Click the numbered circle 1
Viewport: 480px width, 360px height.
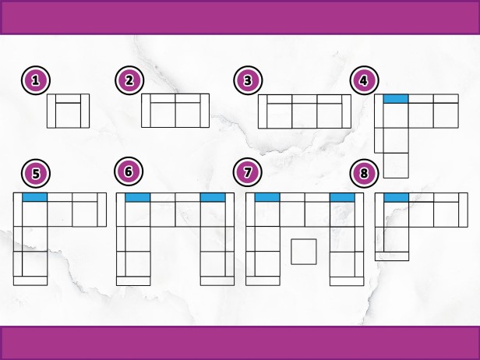click(x=36, y=80)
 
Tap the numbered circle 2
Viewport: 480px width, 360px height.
click(x=129, y=80)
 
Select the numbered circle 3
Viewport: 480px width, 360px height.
click(x=248, y=80)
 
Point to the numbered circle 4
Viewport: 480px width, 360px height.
click(x=365, y=80)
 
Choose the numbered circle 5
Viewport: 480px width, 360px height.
click(x=36, y=173)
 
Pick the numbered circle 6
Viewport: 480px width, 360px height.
click(x=129, y=171)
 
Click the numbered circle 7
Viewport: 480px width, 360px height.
click(x=247, y=172)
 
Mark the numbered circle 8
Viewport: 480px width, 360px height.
click(x=365, y=173)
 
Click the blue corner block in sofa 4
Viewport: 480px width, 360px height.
click(x=396, y=99)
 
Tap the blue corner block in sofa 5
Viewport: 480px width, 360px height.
click(x=34, y=197)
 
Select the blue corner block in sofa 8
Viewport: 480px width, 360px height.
click(x=396, y=197)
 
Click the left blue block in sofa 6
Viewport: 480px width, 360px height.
click(x=138, y=197)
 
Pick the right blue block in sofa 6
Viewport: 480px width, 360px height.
click(x=213, y=197)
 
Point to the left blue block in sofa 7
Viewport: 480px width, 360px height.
click(x=267, y=197)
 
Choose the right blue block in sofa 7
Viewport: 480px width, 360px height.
click(x=342, y=197)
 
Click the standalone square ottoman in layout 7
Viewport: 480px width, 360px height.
click(x=304, y=252)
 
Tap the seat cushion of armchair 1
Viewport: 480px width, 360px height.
click(x=68, y=115)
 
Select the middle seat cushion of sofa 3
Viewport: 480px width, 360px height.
click(x=305, y=116)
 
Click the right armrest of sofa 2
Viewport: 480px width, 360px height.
click(x=205, y=111)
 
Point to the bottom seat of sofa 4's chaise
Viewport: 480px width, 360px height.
click(x=396, y=165)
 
